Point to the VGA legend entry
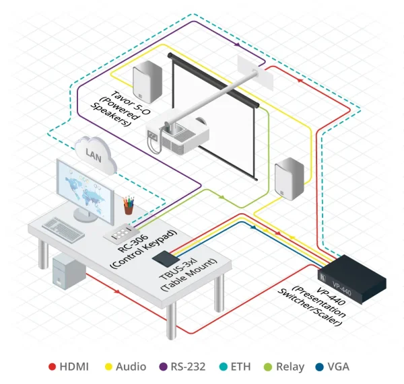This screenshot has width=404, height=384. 337,367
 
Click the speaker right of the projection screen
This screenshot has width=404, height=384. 288,180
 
